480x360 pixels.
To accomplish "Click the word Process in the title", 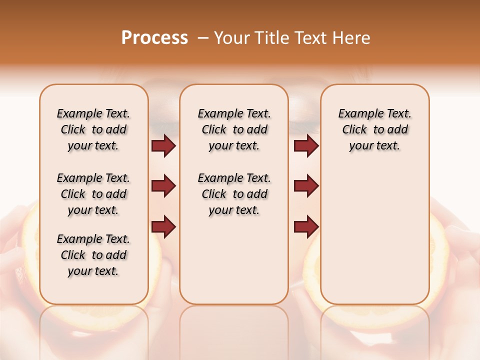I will click(154, 37).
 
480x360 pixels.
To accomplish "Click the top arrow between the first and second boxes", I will click(163, 146).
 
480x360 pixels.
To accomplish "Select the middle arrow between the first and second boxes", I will click(163, 186).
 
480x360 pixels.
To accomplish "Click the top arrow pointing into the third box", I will click(306, 146).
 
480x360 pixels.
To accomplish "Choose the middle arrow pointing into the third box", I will click(306, 186).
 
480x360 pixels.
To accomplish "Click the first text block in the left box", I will click(93, 129).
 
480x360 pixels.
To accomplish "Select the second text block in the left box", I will click(93, 194).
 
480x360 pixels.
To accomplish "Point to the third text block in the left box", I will click(93, 255).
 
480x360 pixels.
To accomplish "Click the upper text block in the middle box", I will click(234, 129).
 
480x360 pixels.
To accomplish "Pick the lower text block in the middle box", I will click(234, 194).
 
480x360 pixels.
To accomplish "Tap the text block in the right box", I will click(374, 129).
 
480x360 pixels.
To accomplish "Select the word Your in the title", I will click(230, 37).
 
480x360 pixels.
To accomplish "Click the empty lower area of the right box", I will click(374, 235).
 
